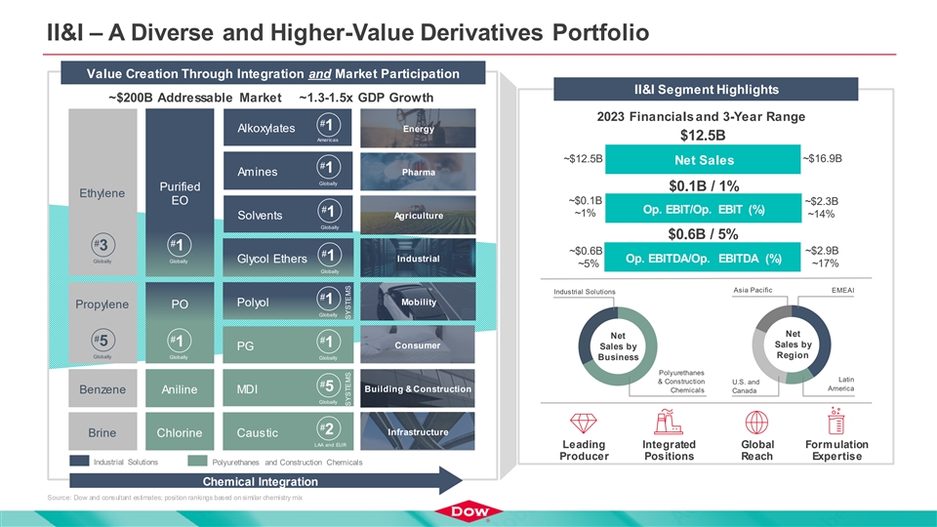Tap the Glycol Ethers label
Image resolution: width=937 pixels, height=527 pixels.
pyautogui.click(x=265, y=258)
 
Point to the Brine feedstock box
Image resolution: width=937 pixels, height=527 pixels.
pyautogui.click(x=102, y=432)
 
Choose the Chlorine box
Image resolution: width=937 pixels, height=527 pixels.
pyautogui.click(x=179, y=432)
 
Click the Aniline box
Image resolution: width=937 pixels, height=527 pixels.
pyautogui.click(x=179, y=389)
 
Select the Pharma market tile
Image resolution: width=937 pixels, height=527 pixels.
pyautogui.click(x=418, y=173)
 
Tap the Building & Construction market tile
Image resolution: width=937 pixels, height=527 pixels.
pyautogui.click(x=418, y=389)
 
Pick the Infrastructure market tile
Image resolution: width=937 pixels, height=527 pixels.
pyautogui.click(x=418, y=432)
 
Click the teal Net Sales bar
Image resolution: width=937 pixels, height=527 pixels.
pyautogui.click(x=702, y=160)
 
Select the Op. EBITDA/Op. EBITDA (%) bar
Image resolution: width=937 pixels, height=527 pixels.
pyautogui.click(x=702, y=259)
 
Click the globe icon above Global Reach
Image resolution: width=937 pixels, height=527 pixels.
pyautogui.click(x=756, y=422)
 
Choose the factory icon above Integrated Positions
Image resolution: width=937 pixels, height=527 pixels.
pyautogui.click(x=670, y=422)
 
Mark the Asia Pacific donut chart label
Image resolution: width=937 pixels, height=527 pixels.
pyautogui.click(x=752, y=290)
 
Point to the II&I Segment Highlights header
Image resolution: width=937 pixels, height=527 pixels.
pyautogui.click(x=706, y=89)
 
